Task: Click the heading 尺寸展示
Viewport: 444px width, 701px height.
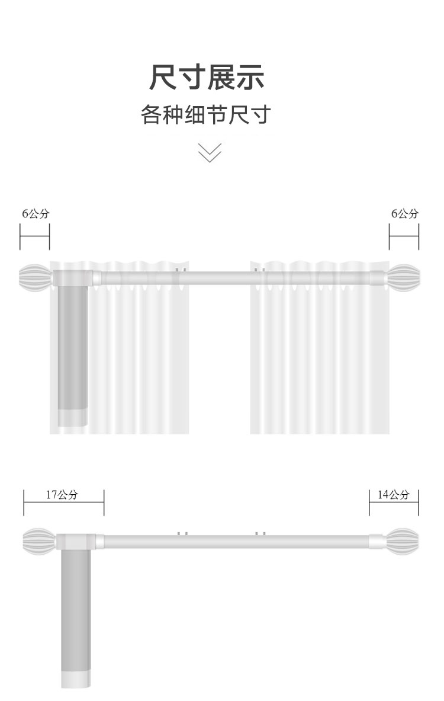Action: click(207, 78)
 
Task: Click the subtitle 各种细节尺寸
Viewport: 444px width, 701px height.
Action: click(206, 114)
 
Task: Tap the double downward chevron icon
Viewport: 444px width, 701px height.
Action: click(210, 152)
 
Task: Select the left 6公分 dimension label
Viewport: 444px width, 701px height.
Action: click(36, 214)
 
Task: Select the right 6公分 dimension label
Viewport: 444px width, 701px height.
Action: click(405, 214)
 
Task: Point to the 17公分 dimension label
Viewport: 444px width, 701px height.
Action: click(62, 494)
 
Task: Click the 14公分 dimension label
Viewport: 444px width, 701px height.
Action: click(394, 494)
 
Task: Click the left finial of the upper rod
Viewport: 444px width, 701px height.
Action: click(35, 278)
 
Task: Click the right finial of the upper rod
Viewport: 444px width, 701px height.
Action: click(403, 278)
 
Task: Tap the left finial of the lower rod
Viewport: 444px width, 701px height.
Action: click(39, 542)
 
